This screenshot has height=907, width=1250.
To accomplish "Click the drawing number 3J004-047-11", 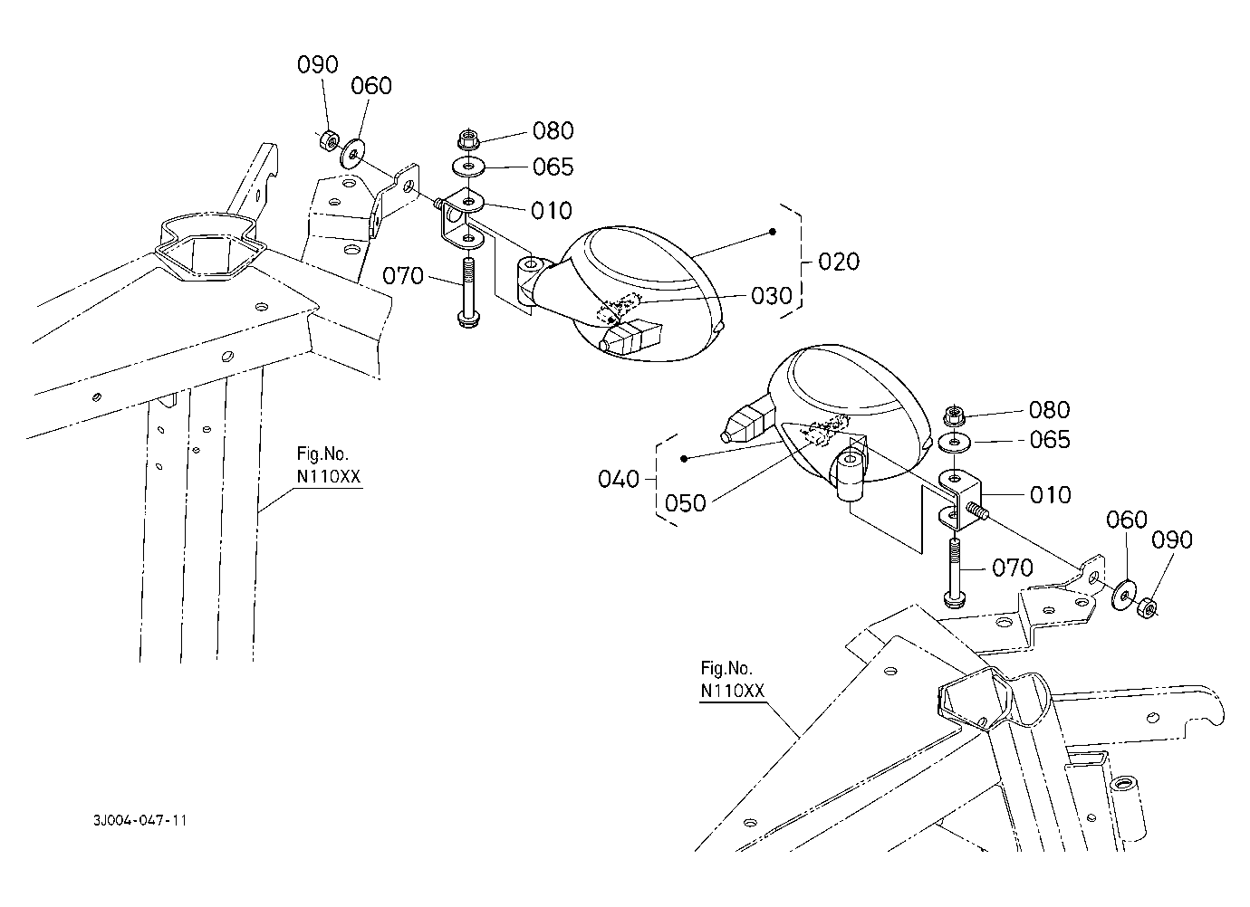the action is (140, 820).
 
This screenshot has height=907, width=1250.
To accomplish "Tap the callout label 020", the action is (839, 262).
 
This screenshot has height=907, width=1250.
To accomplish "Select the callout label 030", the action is (772, 296).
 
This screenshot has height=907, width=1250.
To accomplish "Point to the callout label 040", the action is (619, 479).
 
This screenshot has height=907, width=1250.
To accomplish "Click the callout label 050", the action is (686, 503).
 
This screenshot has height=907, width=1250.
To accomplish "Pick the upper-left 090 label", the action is (318, 64).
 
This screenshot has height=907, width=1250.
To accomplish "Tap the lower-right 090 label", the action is (1172, 540).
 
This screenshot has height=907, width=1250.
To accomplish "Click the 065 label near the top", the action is (553, 167).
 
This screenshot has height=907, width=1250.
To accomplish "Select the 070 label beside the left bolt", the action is (403, 276).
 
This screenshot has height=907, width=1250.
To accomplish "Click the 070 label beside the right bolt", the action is (1013, 568).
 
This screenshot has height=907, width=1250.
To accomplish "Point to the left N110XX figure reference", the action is (329, 477).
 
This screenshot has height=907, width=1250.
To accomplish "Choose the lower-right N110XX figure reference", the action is (732, 692).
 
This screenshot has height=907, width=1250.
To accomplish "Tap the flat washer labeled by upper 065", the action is (468, 167).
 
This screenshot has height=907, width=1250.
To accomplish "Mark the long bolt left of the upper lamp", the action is (467, 291).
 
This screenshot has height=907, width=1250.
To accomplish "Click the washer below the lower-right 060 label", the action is (1124, 596).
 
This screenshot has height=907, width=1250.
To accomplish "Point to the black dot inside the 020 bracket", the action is (773, 232).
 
